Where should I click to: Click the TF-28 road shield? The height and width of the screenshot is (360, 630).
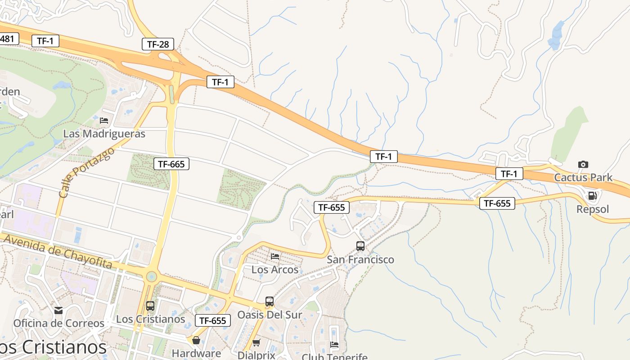point(158,44)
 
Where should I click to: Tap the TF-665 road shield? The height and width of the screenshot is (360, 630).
point(171,164)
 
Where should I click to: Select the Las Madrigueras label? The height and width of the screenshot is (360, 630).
point(104,134)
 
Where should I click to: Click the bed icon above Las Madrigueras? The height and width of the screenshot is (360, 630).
point(104,120)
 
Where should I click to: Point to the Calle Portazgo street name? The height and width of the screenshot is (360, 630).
point(87,173)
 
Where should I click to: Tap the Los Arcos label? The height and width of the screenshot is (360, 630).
point(274,270)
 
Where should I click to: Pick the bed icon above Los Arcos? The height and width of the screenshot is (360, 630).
point(275,256)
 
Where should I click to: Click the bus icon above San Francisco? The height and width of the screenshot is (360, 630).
point(360,246)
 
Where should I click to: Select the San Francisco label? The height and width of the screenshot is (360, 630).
point(360,260)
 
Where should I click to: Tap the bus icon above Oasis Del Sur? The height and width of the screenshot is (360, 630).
point(269,301)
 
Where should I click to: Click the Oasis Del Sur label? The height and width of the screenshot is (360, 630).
point(270,315)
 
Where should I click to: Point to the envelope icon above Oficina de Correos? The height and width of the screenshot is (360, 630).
point(58,310)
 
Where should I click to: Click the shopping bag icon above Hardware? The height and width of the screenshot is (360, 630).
point(196,340)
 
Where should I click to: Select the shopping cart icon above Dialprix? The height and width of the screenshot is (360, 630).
point(256,343)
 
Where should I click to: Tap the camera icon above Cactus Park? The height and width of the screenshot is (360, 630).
point(583,164)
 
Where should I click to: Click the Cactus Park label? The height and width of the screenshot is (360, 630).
point(583,177)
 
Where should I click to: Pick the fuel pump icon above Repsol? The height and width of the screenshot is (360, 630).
point(593,196)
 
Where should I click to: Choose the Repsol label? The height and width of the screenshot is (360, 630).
point(593,209)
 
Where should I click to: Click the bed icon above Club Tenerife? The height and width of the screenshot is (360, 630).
point(334,345)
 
